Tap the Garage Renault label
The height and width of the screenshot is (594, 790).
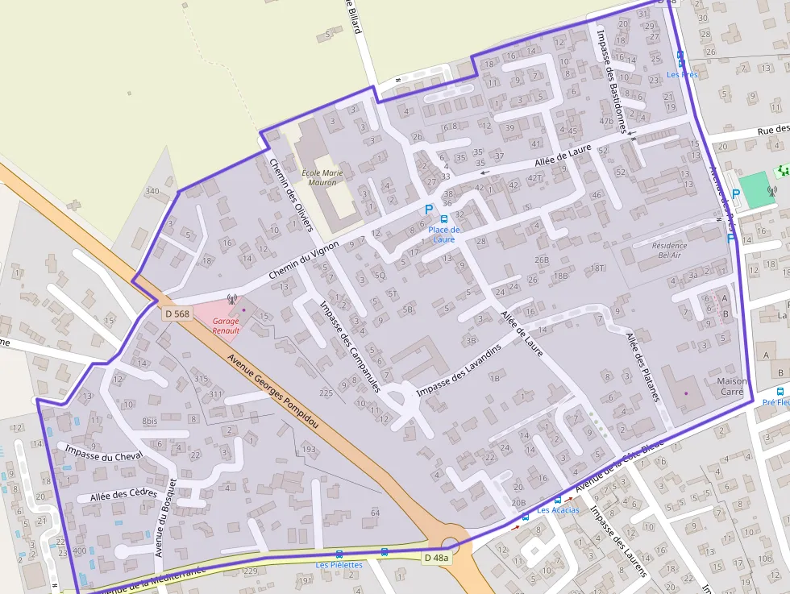(x=226, y=325)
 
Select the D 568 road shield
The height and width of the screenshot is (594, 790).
(x=177, y=313)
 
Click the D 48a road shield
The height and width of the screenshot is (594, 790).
(x=436, y=558)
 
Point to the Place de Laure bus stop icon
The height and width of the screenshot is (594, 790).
(x=443, y=218)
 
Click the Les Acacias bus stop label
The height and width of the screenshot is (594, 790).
(x=558, y=510)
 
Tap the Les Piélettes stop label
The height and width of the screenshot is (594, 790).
(x=339, y=565)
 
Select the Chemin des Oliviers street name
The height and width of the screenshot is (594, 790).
(x=290, y=194)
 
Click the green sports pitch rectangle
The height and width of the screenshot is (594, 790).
(x=756, y=189)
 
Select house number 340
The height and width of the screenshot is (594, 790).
(x=152, y=191)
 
